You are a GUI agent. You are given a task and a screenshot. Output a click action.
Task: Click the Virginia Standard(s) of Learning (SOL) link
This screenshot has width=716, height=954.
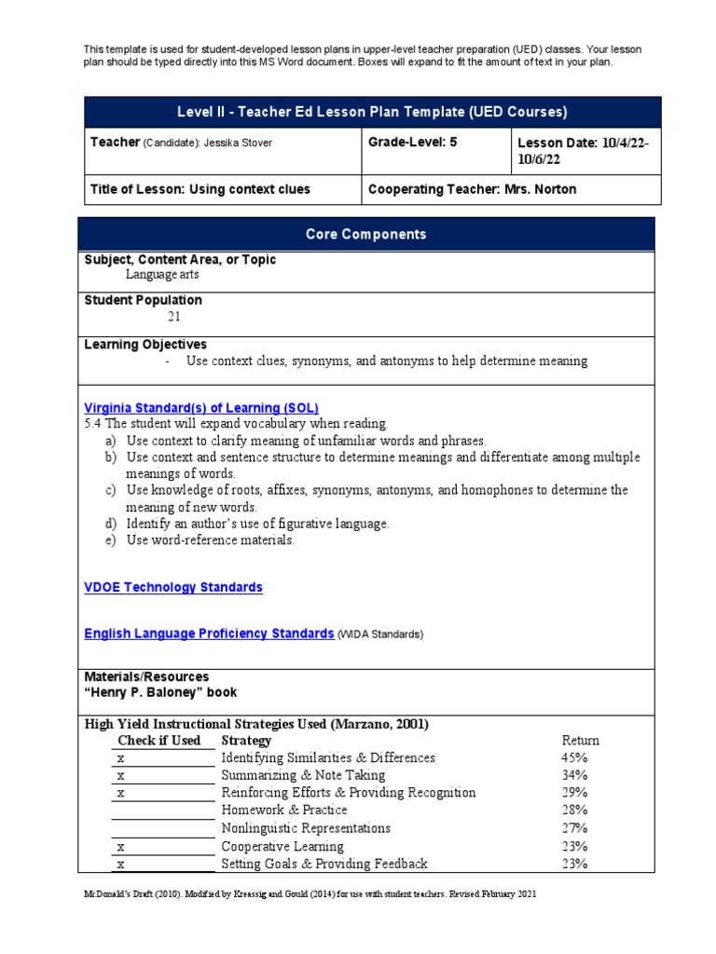201,408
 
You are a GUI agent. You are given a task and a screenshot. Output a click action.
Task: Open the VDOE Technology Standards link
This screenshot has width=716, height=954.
173,588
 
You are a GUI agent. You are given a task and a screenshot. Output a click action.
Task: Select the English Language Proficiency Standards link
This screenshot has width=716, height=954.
209,634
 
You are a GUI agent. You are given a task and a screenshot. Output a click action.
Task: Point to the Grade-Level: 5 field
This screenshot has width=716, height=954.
413,143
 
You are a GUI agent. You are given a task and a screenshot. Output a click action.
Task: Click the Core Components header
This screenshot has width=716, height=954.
366,235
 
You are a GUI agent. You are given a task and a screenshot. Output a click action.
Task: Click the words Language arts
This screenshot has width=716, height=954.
162,275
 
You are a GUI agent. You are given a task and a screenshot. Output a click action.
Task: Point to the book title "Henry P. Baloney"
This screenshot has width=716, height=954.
160,693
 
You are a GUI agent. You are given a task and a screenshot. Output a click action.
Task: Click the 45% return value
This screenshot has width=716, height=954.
575,758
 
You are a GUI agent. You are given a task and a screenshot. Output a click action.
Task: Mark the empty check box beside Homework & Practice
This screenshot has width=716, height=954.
162,811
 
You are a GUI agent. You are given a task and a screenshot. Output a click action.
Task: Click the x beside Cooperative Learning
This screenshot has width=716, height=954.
120,847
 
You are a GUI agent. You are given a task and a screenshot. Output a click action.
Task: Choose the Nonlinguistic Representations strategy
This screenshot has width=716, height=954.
305,828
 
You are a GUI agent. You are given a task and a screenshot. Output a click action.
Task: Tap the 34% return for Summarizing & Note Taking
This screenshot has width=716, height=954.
575,775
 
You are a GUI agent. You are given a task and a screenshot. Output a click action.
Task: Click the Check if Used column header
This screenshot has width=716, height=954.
158,741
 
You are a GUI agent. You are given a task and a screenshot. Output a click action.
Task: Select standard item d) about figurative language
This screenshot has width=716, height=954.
257,524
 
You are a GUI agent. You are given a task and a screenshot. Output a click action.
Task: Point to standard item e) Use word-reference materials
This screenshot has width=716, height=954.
211,540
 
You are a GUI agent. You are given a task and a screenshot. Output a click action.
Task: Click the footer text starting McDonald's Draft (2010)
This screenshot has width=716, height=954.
310,893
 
